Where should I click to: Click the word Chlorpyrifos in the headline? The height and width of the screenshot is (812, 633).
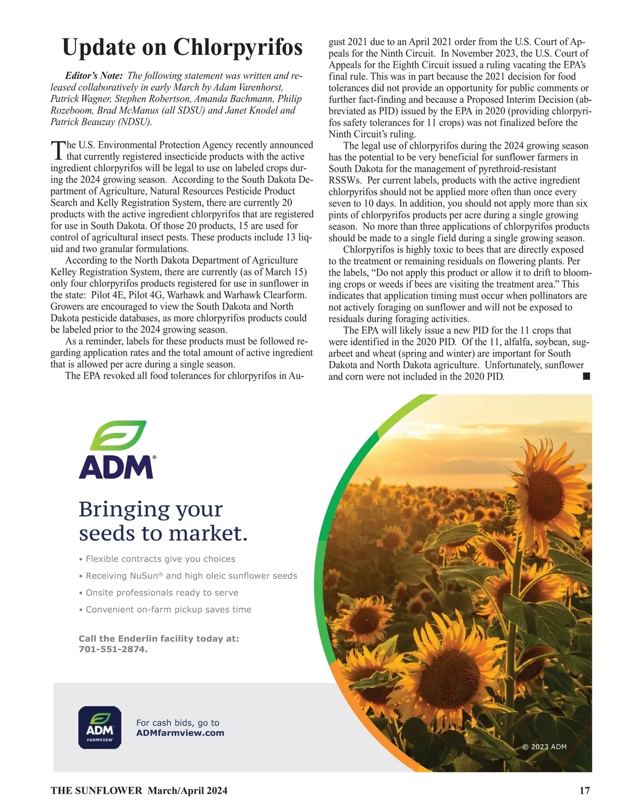click(x=238, y=47)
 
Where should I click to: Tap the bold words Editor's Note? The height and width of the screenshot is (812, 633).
click(x=94, y=76)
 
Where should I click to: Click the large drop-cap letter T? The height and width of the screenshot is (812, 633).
click(x=57, y=150)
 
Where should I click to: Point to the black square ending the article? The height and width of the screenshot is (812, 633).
click(x=586, y=376)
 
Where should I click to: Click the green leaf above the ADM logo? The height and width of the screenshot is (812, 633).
click(x=118, y=435)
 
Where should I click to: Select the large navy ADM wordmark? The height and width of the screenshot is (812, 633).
click(x=116, y=467)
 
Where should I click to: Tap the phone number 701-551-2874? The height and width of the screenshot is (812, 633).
click(x=112, y=649)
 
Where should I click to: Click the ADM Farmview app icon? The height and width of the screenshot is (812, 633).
click(x=100, y=728)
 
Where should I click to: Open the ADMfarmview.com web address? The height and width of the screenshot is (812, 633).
click(x=180, y=733)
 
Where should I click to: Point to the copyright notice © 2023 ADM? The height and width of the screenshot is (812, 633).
click(x=544, y=747)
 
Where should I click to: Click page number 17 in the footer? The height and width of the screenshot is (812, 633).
click(x=584, y=790)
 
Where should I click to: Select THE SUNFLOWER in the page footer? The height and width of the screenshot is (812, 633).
click(x=97, y=790)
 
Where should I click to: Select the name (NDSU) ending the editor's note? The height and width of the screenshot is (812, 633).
click(x=135, y=122)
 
